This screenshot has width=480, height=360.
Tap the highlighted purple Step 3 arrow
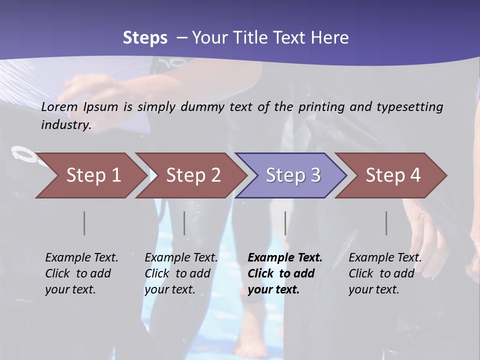coord(293,175)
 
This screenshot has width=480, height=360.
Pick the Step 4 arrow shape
coord(393,175)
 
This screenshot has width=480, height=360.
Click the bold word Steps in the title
coord(145,38)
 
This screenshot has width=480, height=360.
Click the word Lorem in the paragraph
coord(59,106)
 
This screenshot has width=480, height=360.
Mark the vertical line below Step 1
coord(84,223)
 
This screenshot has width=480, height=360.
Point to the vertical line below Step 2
coord(184,223)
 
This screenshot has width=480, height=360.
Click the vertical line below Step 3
coord(285,223)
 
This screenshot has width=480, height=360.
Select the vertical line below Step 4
coord(386,223)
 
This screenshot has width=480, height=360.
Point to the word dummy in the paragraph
coord(203,106)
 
